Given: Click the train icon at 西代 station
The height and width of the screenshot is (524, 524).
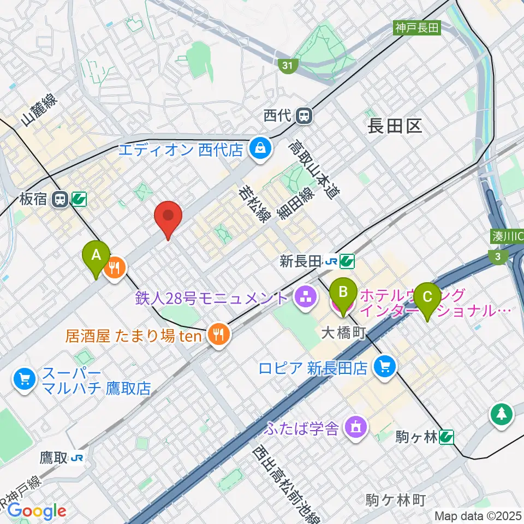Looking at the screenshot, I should (304, 115).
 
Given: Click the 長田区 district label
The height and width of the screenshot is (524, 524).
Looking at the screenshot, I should (395, 127).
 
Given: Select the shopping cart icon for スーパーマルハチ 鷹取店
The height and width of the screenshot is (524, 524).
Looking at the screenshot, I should (24, 378).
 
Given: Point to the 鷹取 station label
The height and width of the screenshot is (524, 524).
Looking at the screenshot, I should (53, 457).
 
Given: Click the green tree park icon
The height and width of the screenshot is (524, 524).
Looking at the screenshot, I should (501, 414).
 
